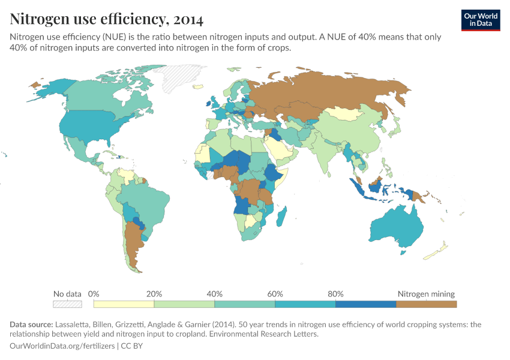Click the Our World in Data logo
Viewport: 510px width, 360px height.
click(x=481, y=20)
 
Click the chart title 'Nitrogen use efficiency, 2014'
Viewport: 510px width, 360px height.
click(x=106, y=19)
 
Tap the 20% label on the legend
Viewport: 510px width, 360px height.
click(x=154, y=294)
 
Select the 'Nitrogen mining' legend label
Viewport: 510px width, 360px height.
click(x=426, y=294)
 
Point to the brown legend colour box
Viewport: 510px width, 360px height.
click(x=426, y=304)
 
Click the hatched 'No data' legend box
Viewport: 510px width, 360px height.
click(x=67, y=304)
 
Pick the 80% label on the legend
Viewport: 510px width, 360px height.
click(x=335, y=294)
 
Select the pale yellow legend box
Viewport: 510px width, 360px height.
click(x=124, y=304)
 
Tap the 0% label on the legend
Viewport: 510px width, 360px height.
click(x=94, y=294)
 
